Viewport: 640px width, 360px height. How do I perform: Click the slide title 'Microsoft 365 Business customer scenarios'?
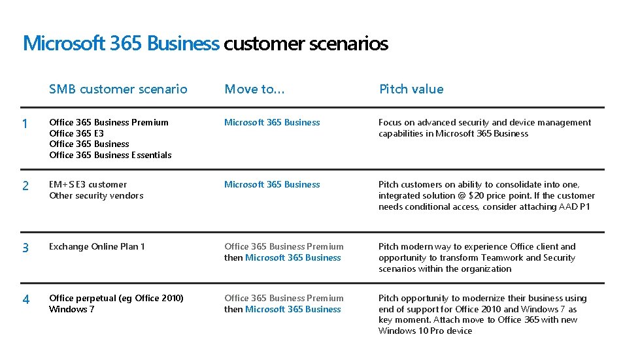click(205, 44)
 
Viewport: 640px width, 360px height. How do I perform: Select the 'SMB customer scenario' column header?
click(118, 90)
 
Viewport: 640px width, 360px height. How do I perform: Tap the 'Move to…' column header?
click(254, 90)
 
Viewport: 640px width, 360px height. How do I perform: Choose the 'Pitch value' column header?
click(411, 90)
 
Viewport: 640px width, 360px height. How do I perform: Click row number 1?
click(25, 124)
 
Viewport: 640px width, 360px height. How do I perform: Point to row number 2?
click(25, 186)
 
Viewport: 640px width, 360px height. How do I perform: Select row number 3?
click(25, 248)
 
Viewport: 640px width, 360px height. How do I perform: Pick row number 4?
click(25, 300)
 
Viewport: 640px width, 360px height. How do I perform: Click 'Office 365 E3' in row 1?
click(76, 133)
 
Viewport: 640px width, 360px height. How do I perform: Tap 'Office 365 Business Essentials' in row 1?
click(110, 155)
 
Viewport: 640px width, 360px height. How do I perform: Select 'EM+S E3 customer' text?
click(88, 184)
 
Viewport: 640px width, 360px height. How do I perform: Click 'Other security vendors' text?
click(96, 195)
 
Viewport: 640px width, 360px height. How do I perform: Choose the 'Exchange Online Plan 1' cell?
click(97, 246)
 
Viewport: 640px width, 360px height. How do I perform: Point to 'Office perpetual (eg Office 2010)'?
click(116, 298)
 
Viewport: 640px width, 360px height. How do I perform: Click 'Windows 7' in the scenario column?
click(72, 309)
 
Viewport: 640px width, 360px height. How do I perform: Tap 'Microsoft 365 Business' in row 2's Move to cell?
click(272, 184)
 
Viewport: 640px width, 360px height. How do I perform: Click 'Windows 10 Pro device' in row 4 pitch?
click(425, 331)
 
